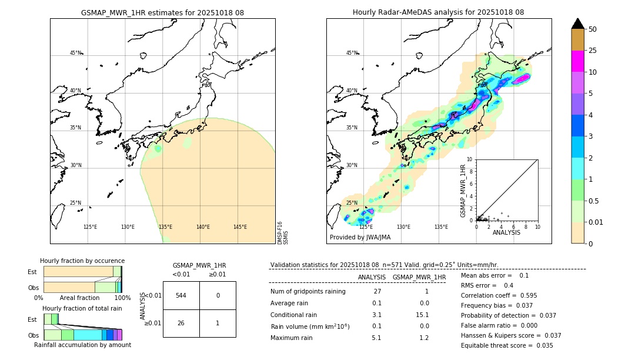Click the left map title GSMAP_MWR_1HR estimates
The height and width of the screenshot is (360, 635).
tap(162, 12)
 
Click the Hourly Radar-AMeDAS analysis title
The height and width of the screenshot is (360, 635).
tap(438, 12)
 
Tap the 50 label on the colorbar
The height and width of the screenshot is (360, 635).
tap(593, 29)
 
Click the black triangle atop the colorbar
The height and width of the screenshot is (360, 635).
tap(578, 24)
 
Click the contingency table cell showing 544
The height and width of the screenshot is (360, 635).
tap(181, 295)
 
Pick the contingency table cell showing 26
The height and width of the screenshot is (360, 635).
tap(181, 323)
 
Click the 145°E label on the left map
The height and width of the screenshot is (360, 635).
tap(240, 227)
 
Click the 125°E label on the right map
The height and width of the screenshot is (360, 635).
tap(366, 227)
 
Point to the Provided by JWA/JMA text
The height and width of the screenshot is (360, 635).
tap(360, 237)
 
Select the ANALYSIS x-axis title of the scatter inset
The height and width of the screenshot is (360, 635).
tap(506, 232)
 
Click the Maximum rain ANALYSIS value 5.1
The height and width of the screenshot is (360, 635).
tap(376, 338)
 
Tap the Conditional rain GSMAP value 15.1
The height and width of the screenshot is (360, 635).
tap(423, 315)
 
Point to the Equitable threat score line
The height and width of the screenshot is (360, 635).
tap(507, 345)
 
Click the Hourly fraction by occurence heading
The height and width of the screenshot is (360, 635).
tap(82, 261)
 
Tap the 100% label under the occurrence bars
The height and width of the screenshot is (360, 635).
tap(122, 298)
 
